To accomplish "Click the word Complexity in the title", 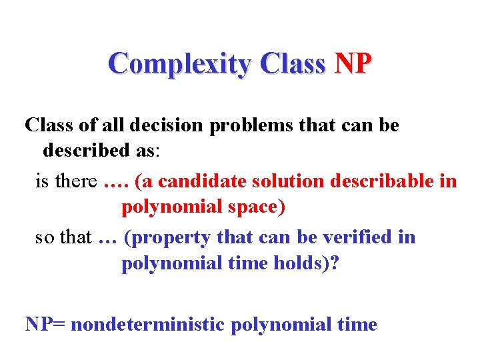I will click(179, 64).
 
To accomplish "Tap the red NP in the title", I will click(353, 64).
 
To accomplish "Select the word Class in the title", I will click(293, 64).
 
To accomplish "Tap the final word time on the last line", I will click(357, 325).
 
